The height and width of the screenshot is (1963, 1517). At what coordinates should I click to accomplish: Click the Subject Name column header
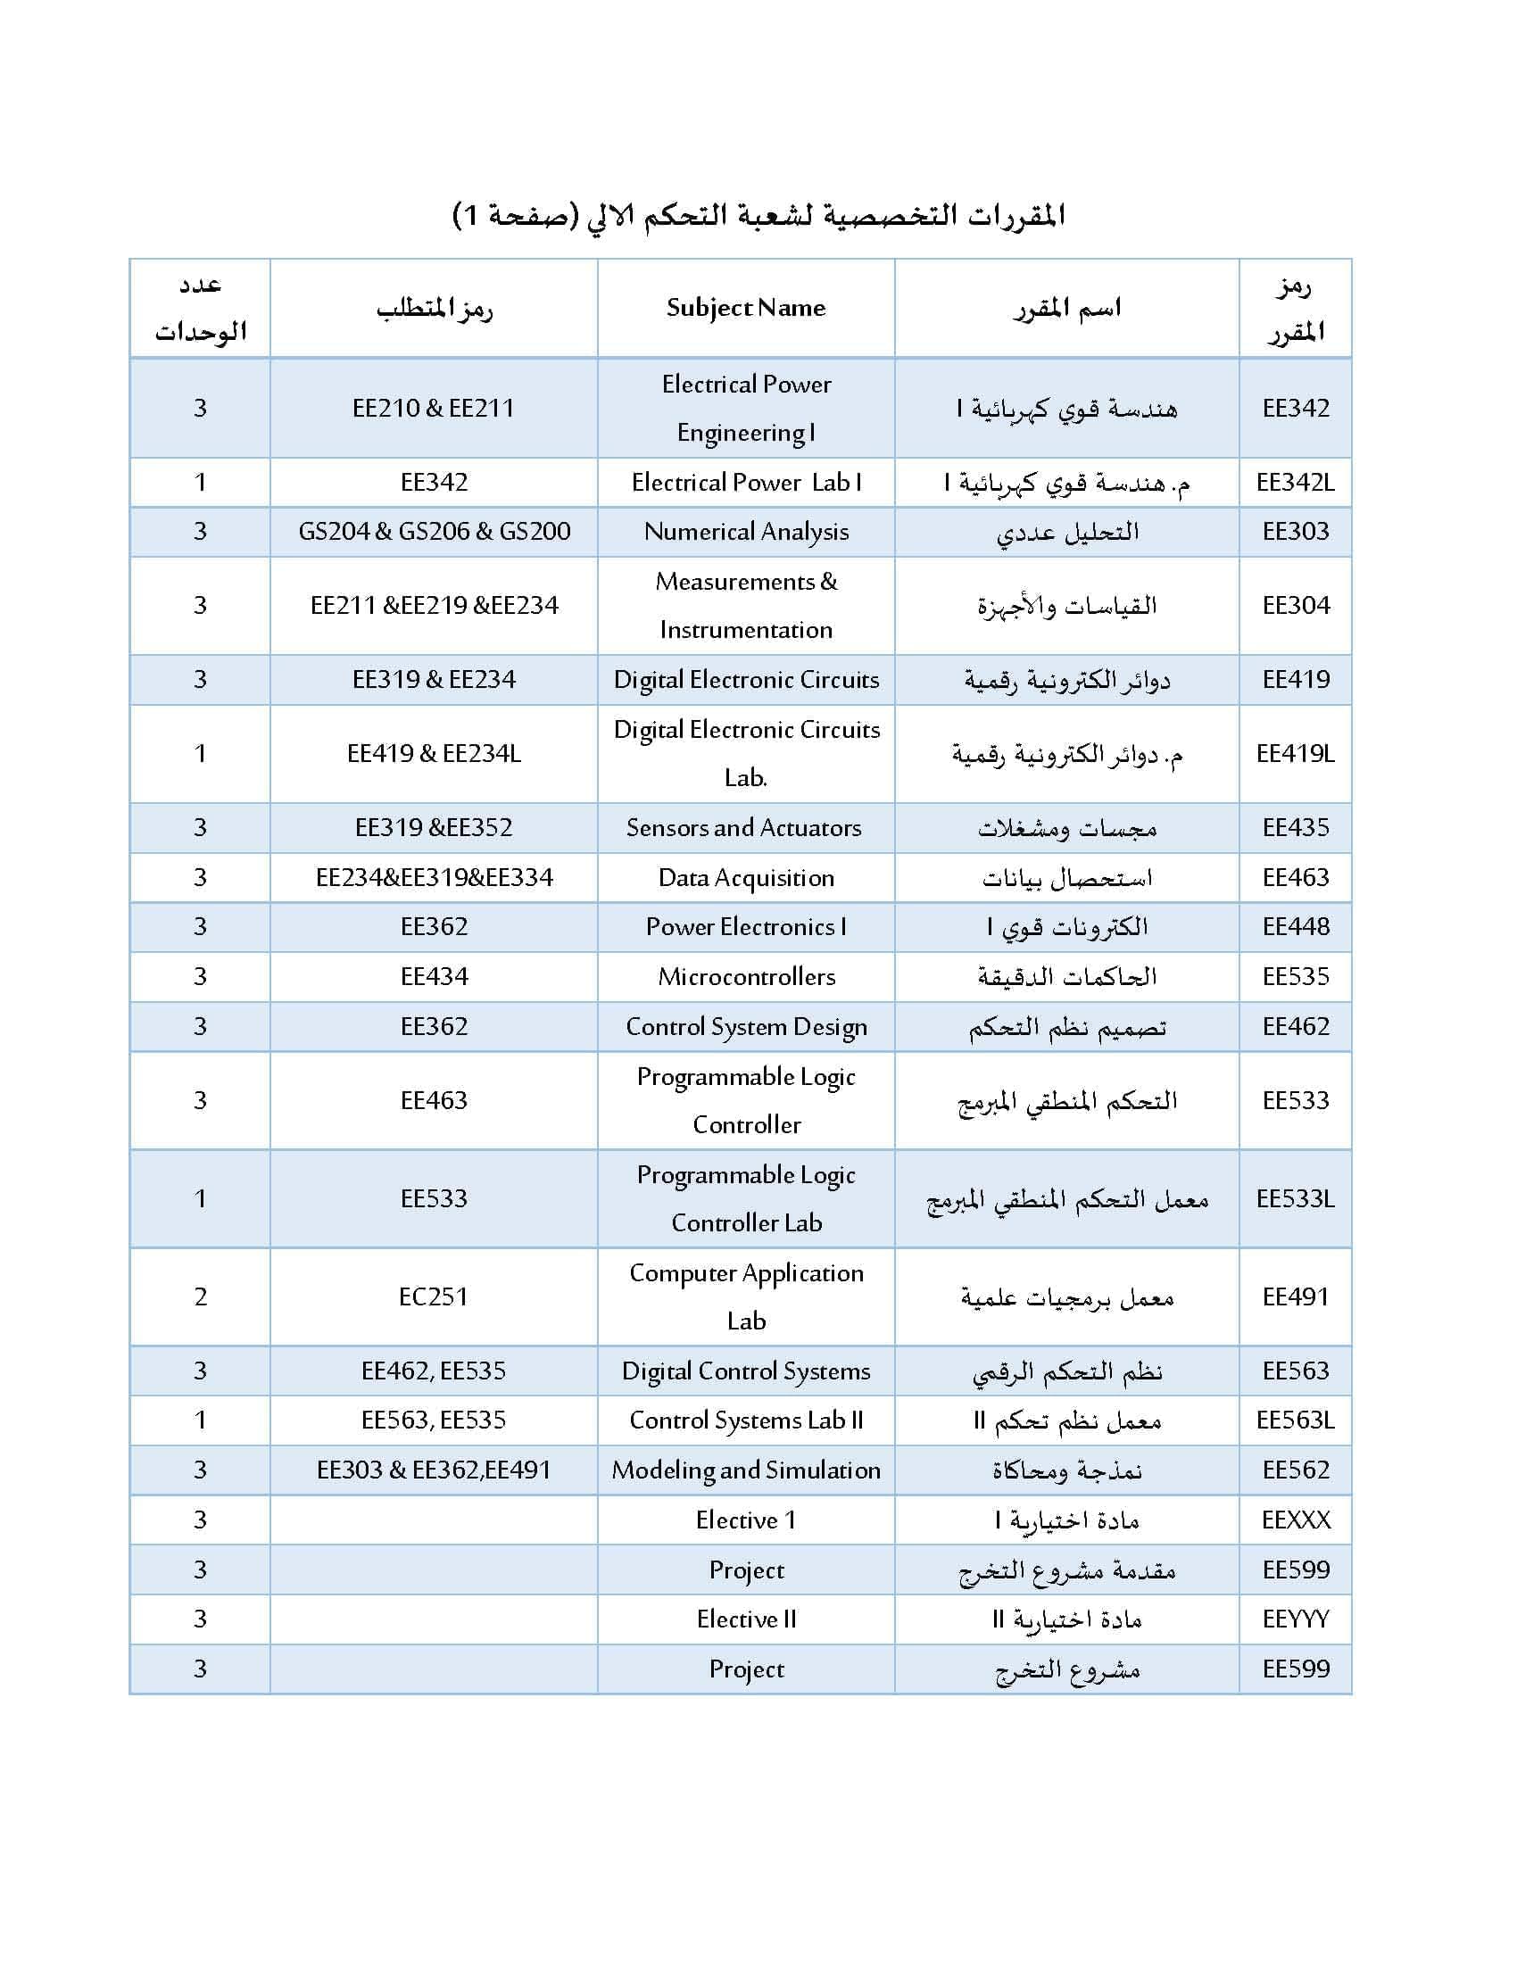tap(745, 309)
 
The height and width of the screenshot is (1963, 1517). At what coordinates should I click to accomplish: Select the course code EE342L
tap(1294, 483)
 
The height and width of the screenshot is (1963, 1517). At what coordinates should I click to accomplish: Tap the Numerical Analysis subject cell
tap(746, 532)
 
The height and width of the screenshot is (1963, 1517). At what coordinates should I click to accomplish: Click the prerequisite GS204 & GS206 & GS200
tap(434, 532)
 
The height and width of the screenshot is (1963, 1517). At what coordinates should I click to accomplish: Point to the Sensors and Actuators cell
tap(744, 828)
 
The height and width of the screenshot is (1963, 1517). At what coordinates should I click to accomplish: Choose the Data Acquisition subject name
tap(746, 878)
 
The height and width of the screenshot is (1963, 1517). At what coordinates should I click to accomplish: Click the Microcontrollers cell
tap(746, 977)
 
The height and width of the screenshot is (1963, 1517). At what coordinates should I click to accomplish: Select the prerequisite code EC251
tap(433, 1297)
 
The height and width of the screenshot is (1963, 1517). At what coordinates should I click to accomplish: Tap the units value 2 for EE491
tap(201, 1297)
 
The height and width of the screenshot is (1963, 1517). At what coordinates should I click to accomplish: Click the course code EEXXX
tap(1295, 1520)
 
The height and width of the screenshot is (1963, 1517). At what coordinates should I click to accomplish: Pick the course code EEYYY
tap(1295, 1619)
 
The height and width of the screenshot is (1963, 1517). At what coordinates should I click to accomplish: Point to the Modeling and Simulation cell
tap(746, 1470)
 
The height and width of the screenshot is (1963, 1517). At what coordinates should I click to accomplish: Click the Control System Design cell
tap(746, 1026)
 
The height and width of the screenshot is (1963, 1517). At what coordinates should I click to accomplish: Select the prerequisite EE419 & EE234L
tap(434, 753)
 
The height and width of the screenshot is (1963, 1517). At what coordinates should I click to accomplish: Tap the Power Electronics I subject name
tap(746, 927)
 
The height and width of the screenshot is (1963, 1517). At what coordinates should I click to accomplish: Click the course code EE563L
tap(1294, 1420)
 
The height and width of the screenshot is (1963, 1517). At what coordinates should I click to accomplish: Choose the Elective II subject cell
tap(746, 1619)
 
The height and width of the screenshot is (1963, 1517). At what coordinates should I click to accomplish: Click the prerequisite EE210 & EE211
tap(434, 408)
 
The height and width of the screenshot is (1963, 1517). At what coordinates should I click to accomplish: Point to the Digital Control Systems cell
tap(746, 1371)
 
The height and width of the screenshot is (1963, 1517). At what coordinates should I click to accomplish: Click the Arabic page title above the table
tap(758, 216)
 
